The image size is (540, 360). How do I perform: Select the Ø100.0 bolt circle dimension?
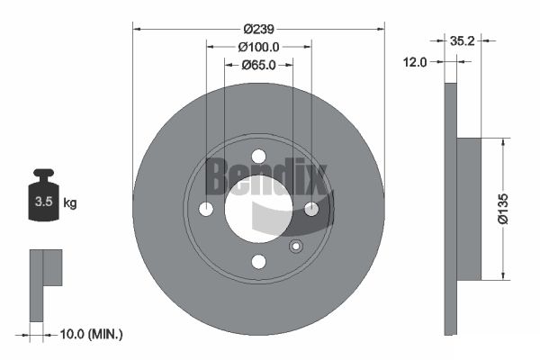(258, 47)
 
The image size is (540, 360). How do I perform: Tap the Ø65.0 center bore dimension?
(258, 65)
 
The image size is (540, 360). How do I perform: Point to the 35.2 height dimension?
(461, 40)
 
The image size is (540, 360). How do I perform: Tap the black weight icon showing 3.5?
(43, 200)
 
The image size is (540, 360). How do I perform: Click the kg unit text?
(70, 203)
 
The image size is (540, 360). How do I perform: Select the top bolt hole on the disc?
(258, 156)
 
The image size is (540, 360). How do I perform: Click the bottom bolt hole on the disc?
(258, 262)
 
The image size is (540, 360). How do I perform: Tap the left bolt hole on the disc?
(205, 209)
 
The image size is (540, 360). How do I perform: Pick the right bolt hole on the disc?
(311, 209)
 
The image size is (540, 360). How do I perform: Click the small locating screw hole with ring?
(294, 247)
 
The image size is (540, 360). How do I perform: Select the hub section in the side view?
(470, 208)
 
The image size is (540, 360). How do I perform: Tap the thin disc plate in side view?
(451, 208)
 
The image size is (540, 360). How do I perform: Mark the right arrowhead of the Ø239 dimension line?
(381, 28)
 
